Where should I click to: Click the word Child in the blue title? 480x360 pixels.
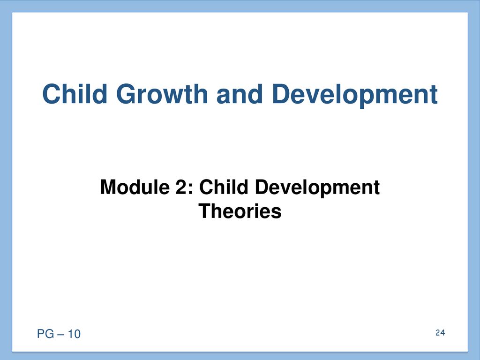[x=75, y=94]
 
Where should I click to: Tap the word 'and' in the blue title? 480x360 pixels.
[x=240, y=94]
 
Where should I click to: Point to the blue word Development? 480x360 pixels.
[x=354, y=95]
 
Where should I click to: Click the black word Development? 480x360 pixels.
[x=317, y=188]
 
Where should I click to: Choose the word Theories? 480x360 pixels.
[x=240, y=211]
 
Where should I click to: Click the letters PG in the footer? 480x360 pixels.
[x=45, y=334]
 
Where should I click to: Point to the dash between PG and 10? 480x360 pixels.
[x=60, y=334]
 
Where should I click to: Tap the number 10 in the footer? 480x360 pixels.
[x=74, y=334]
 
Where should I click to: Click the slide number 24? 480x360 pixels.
[x=440, y=333]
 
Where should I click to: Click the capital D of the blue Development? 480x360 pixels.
[x=281, y=94]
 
